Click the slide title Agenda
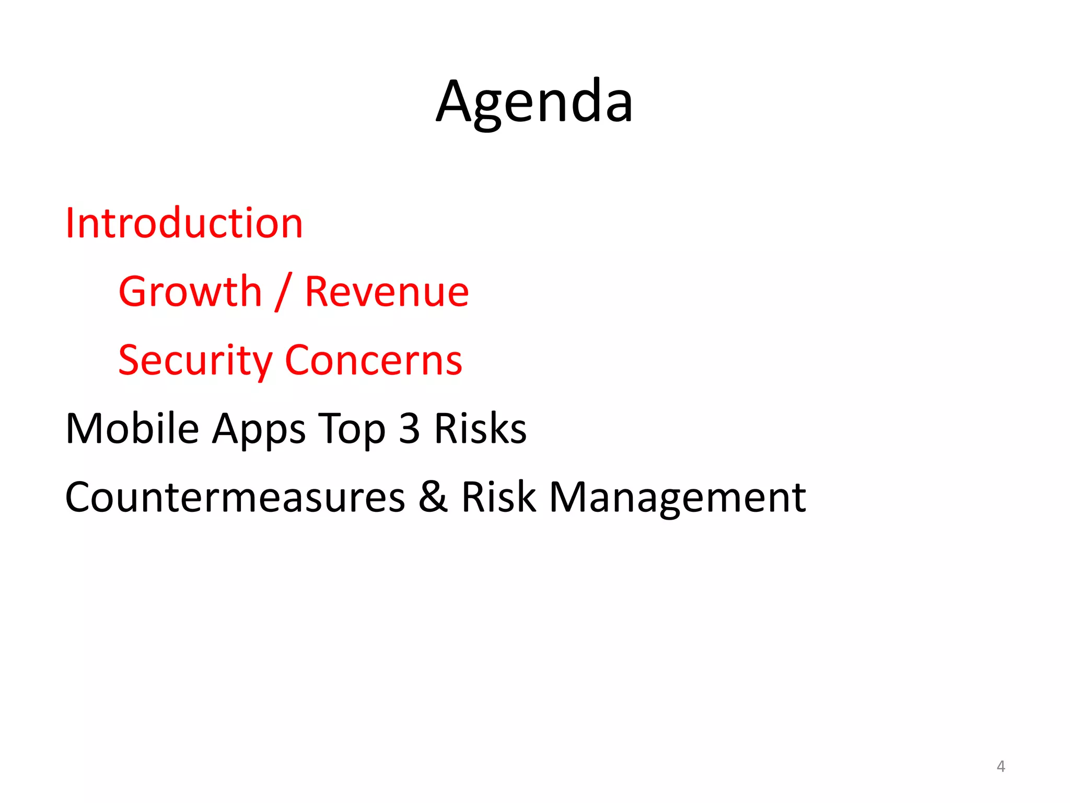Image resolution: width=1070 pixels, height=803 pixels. coord(534,101)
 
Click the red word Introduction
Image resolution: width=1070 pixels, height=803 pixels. coord(184,223)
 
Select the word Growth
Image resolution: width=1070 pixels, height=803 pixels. coord(190,292)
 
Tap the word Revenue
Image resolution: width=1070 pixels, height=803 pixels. coord(387,292)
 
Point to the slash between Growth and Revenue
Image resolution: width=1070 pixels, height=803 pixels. coord(283,293)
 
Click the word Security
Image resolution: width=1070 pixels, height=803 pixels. coord(195,361)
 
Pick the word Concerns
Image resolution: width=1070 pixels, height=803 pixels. coord(374,361)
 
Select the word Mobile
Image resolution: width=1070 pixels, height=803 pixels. coord(132,429)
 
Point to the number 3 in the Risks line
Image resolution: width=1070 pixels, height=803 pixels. coord(410,429)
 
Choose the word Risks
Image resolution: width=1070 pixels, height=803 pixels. coord(480,429)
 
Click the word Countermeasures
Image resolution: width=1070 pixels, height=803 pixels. coord(235,497)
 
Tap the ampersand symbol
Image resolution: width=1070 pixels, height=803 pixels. coord(433,497)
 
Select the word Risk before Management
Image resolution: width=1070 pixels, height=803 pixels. coord(498,497)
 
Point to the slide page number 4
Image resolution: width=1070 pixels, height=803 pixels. coord(1001,766)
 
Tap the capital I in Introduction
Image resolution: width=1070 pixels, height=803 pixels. coord(70,223)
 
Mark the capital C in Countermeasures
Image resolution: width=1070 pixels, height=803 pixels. coord(79,497)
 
